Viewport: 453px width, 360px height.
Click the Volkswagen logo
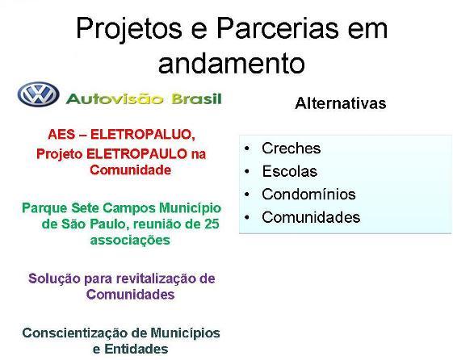tap(38, 94)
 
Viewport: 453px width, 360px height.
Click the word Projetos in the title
tap(129, 29)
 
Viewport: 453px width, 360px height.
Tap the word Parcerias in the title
tap(277, 28)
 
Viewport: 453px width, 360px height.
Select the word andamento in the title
tap(232, 63)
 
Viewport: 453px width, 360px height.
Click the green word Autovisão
tap(115, 98)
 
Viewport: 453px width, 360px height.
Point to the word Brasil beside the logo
tap(197, 98)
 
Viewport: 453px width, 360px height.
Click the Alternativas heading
tap(340, 103)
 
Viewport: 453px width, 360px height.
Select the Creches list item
tap(292, 148)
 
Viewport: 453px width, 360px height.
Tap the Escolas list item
tap(289, 171)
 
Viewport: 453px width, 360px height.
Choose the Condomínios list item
tap(308, 194)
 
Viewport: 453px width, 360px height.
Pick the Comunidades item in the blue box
tap(311, 217)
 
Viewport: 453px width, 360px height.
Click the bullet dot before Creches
tap(247, 149)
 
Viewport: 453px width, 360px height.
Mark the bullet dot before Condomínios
tap(247, 195)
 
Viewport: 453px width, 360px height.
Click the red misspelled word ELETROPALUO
tap(143, 134)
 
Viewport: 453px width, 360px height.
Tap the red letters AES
tap(61, 134)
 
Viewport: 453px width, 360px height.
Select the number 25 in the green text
tap(212, 224)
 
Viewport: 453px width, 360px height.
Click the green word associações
tap(130, 241)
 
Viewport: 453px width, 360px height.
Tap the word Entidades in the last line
tap(136, 349)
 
